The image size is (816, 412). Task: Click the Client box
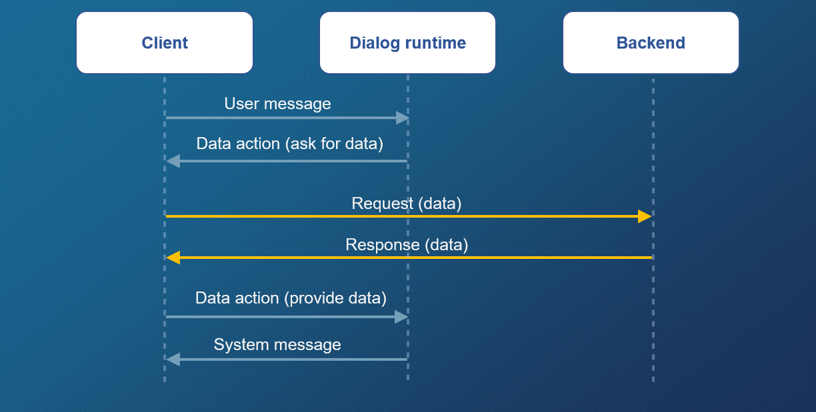[165, 43]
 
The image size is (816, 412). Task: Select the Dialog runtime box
[407, 43]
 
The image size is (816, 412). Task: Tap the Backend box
[651, 43]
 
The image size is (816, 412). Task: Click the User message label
[277, 104]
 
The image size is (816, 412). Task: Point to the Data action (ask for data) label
[289, 144]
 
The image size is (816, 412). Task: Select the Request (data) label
[406, 204]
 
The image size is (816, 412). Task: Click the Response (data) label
[407, 245]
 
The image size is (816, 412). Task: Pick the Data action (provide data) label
[291, 298]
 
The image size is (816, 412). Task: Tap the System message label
[277, 345]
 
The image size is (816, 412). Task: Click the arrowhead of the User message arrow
[402, 118]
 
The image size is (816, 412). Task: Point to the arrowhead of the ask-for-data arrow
[173, 160]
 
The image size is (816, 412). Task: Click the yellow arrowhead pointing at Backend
[644, 216]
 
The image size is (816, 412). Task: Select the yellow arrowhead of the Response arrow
[173, 258]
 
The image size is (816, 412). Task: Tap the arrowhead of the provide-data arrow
[401, 317]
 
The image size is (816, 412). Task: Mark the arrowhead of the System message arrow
[173, 359]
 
